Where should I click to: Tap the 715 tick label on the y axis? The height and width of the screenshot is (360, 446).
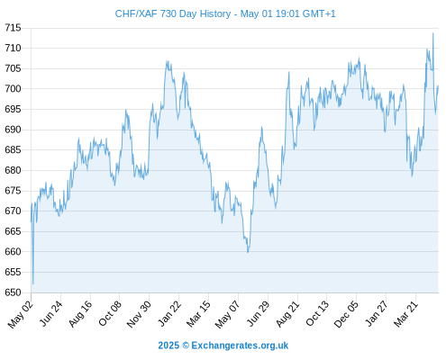[x=13, y=28]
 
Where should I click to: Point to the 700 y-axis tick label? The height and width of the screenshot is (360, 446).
[x=13, y=88]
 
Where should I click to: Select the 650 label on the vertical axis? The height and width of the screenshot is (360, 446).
[x=13, y=292]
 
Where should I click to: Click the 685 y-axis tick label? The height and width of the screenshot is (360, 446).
[x=13, y=149]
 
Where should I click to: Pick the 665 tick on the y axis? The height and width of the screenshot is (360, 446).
[x=13, y=231]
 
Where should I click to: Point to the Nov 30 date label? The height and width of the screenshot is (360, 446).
[x=139, y=314]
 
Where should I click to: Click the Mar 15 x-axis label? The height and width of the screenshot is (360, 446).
[x=198, y=314]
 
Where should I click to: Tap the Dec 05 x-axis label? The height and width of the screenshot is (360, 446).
[x=346, y=314]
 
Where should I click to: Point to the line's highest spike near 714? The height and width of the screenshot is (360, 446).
[x=432, y=33]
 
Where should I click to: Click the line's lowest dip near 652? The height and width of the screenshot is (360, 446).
[x=33, y=283]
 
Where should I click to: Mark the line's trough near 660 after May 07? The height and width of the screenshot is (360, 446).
[x=248, y=252]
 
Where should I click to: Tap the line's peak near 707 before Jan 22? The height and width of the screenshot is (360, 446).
[x=167, y=61]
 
